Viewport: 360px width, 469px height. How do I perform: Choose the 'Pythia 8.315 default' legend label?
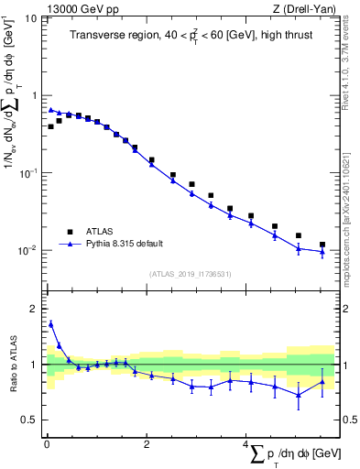(125, 243)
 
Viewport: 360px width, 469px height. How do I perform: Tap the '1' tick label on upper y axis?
(35, 95)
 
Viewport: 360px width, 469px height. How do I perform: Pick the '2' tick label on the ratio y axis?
(35, 309)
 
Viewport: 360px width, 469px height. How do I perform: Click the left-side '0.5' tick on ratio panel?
(29, 420)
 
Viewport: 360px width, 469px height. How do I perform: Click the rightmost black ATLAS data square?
(322, 245)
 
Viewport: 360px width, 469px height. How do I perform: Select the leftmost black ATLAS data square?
(50, 126)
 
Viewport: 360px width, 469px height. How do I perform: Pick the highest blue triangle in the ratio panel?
(50, 323)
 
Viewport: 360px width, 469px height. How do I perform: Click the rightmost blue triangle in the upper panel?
(322, 251)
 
